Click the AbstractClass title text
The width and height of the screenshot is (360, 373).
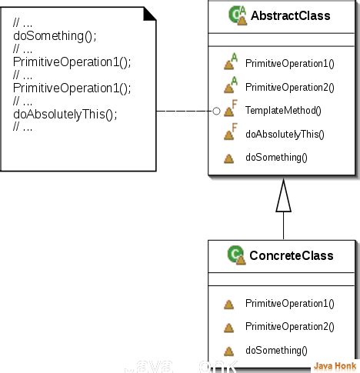(x=290, y=15)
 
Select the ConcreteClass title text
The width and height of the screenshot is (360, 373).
(x=291, y=255)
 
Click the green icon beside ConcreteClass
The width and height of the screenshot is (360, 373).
(x=236, y=255)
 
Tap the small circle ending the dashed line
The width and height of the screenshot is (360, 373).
(x=216, y=112)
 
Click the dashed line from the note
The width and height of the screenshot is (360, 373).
(x=185, y=112)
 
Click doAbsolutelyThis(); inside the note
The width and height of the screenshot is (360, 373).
(x=65, y=115)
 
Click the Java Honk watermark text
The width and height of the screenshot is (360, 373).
(x=335, y=365)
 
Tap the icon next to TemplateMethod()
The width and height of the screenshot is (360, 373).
(x=229, y=111)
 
